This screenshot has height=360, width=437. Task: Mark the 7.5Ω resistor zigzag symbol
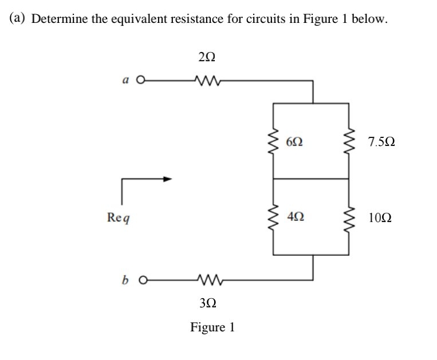[349, 141]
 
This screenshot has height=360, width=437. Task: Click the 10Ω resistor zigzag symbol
[349, 217]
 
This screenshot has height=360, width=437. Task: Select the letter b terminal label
[123, 280]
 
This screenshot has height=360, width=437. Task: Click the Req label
[118, 217]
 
